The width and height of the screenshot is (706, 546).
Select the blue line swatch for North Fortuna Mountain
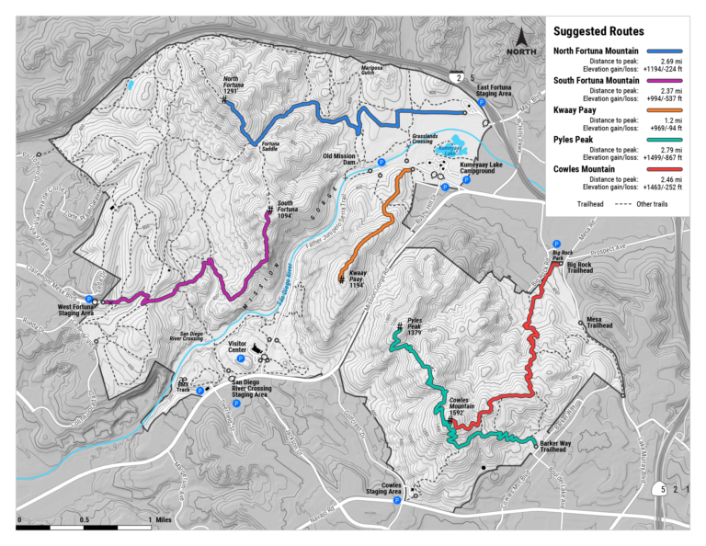click(x=668, y=51)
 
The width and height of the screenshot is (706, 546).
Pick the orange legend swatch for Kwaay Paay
click(x=668, y=110)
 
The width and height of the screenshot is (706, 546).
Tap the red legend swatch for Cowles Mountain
click(x=668, y=169)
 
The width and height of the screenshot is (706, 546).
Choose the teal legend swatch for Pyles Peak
click(x=668, y=140)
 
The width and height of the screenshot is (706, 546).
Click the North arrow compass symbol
click(x=520, y=41)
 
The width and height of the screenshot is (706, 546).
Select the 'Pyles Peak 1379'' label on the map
click(x=409, y=330)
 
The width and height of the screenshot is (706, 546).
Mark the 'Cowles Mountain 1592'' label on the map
click(x=462, y=407)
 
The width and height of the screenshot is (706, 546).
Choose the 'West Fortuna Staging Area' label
click(x=76, y=311)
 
